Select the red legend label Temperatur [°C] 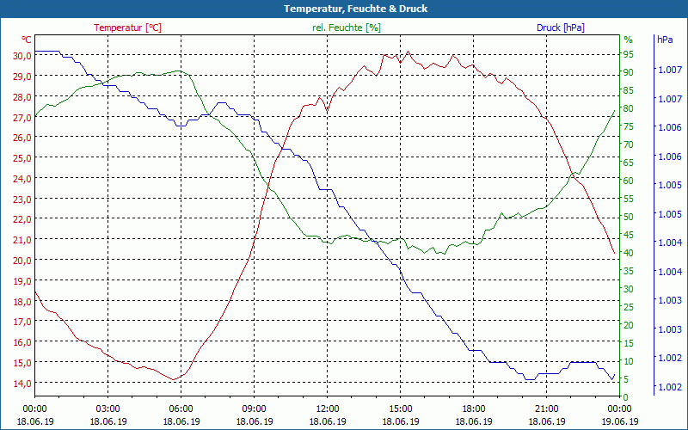click(x=127, y=28)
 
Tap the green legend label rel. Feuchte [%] click(x=346, y=28)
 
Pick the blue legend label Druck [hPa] click(x=560, y=28)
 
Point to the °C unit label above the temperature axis click(x=27, y=40)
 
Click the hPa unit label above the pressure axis click(x=664, y=40)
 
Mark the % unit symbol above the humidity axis click(x=628, y=40)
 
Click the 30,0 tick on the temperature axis click(x=21, y=55)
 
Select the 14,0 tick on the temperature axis click(x=21, y=383)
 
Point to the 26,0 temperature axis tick click(x=21, y=137)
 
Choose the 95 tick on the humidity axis click(x=628, y=54)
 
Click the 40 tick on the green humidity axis click(x=628, y=253)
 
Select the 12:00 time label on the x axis click(x=327, y=408)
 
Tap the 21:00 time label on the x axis click(x=546, y=408)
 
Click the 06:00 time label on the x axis click(x=181, y=408)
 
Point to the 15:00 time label click(x=400, y=408)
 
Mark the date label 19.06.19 click(x=619, y=421)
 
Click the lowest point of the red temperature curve click(x=175, y=379)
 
